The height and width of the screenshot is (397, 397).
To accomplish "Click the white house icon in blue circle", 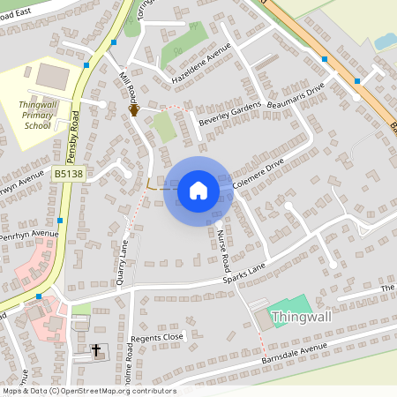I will click(x=198, y=190).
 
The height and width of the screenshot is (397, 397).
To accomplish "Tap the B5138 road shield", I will click(x=68, y=176).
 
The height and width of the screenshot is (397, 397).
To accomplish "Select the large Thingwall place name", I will click(x=303, y=317).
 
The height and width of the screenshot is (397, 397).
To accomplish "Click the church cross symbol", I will click(x=96, y=350).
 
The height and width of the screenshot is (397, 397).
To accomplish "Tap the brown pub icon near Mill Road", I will click(x=134, y=110).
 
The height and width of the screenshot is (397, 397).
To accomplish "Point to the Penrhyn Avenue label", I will click(x=28, y=236).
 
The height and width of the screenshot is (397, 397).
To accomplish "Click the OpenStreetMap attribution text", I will click(x=88, y=391).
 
